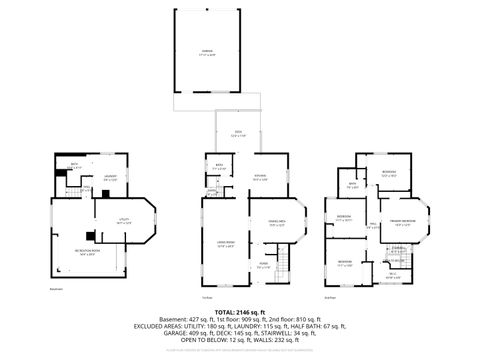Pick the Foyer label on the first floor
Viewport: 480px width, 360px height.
point(262,264)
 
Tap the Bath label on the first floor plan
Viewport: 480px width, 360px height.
point(219,168)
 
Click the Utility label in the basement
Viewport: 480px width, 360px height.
point(125,223)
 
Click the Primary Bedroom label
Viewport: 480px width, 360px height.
point(403,224)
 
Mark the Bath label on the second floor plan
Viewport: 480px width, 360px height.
point(352,185)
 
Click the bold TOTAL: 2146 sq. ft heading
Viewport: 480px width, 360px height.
point(240,312)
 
